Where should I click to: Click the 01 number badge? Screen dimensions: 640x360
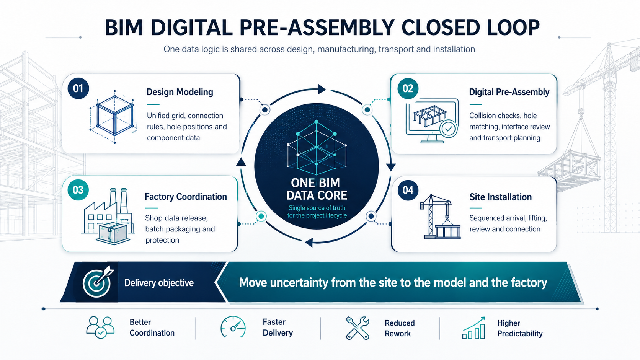click(x=78, y=88)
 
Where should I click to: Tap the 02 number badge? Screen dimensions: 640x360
click(x=408, y=88)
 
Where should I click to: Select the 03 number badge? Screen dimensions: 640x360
click(x=78, y=190)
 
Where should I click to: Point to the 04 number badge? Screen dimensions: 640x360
click(x=408, y=190)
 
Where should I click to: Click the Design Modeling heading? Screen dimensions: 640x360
click(x=180, y=92)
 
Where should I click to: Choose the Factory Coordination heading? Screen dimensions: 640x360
click(x=186, y=197)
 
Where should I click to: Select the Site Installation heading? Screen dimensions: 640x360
click(x=501, y=197)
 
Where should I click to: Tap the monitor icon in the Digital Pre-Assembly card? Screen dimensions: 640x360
click(x=432, y=121)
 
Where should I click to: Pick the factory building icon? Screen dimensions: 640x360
click(x=108, y=217)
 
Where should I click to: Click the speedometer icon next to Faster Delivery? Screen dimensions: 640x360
click(x=233, y=327)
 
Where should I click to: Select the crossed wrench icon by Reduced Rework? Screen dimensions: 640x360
click(x=358, y=328)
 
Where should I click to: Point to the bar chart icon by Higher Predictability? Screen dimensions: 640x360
click(x=474, y=328)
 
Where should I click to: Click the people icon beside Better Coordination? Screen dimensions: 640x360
click(x=100, y=327)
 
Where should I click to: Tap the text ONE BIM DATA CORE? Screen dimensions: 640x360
click(x=317, y=189)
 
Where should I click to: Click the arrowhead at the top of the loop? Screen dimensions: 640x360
click(x=322, y=89)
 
